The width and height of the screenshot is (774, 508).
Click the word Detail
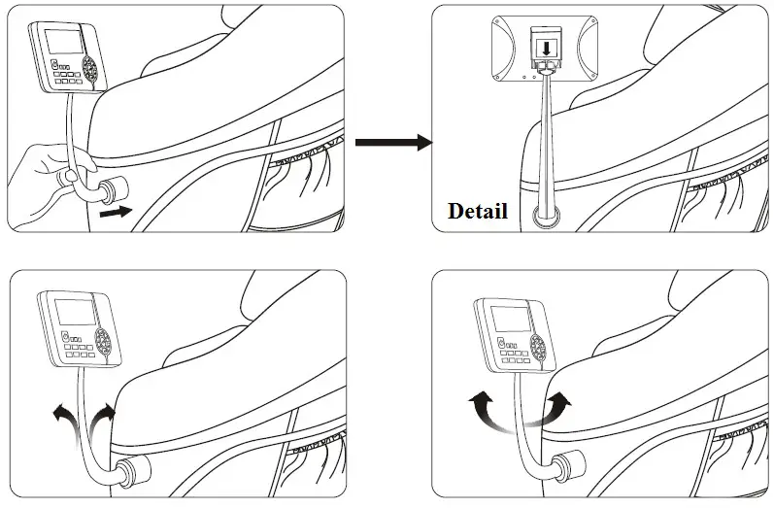477,211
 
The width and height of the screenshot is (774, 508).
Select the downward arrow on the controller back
548,46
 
